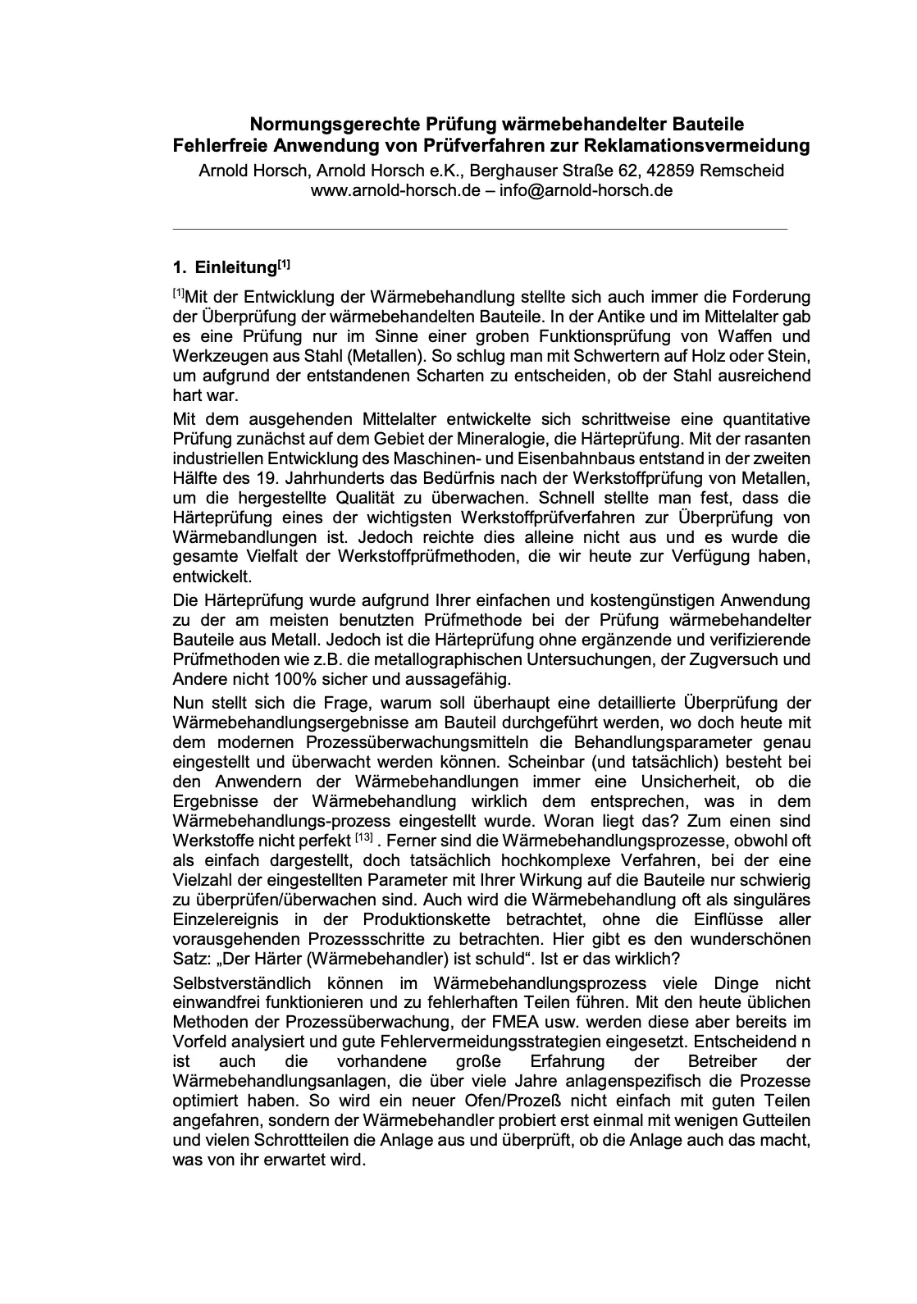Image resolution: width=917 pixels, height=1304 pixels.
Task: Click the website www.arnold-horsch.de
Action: (x=390, y=190)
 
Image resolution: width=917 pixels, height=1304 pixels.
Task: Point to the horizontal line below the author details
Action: (x=480, y=228)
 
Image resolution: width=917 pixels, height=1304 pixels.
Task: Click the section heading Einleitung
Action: (x=236, y=268)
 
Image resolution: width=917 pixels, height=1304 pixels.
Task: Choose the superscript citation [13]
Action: (x=364, y=838)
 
